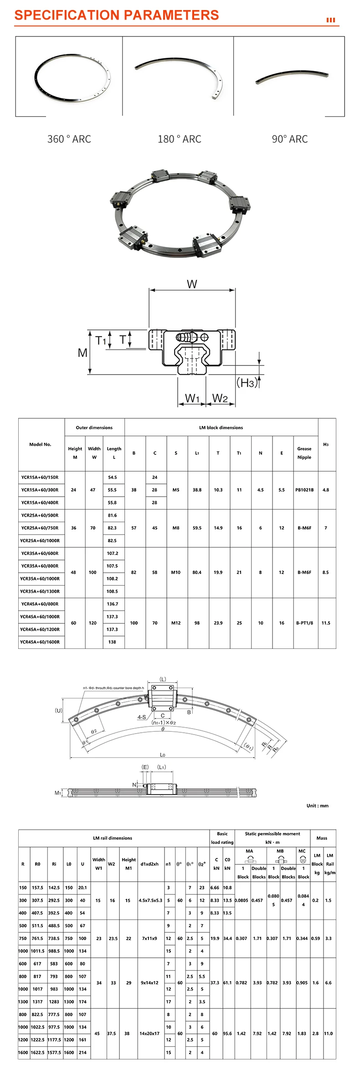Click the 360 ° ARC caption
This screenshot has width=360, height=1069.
69,139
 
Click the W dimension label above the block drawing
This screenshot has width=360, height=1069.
192,284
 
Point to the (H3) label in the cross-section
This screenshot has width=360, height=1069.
247,383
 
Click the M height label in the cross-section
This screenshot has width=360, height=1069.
82,353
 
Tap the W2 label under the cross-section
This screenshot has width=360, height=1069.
220,398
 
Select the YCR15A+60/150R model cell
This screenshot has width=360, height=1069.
40,478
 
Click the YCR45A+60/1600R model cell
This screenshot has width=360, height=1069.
40,642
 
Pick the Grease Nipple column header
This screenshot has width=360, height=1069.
304,453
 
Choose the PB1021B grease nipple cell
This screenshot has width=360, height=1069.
304,490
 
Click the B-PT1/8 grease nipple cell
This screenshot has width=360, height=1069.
304,623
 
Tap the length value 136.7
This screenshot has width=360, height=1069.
113,604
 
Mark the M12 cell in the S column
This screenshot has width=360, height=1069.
176,623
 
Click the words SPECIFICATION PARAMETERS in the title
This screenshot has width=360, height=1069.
117,15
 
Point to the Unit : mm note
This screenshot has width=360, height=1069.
317,806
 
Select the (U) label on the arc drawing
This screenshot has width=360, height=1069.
59,710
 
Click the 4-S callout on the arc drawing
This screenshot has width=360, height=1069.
142,717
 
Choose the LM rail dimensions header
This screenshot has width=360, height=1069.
113,838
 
